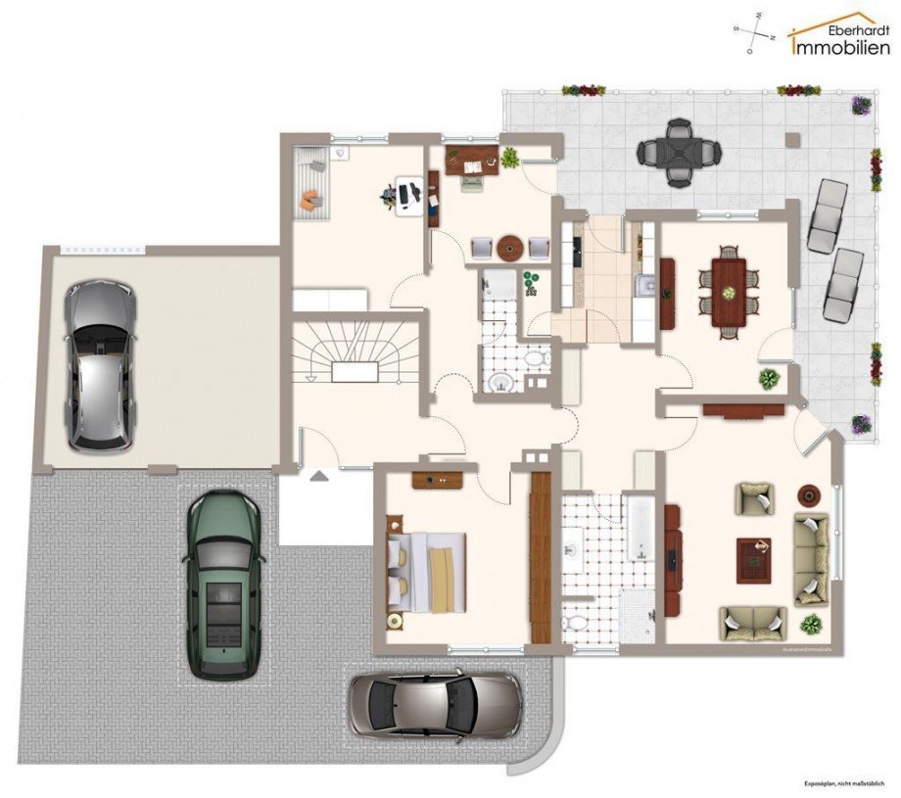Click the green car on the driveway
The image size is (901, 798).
[x=223, y=585]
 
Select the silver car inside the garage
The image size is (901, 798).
[x=99, y=364]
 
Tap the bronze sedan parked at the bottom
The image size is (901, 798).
[x=436, y=704]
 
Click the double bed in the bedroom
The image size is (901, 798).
[x=427, y=573]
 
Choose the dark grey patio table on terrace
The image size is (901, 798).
[x=680, y=152]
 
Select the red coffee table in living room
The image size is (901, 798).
[x=754, y=560]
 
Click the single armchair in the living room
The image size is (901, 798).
[x=755, y=499]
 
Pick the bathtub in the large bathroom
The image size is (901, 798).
[x=641, y=532]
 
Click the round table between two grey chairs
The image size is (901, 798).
[x=509, y=249]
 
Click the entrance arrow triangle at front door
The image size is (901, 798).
[x=319, y=477]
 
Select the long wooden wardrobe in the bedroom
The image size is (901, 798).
[x=541, y=558]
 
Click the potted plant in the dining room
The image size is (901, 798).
[x=770, y=379]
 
